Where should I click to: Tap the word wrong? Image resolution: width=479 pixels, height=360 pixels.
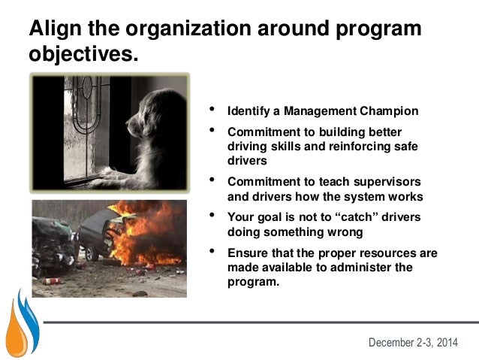pyautogui.click(x=348, y=231)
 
